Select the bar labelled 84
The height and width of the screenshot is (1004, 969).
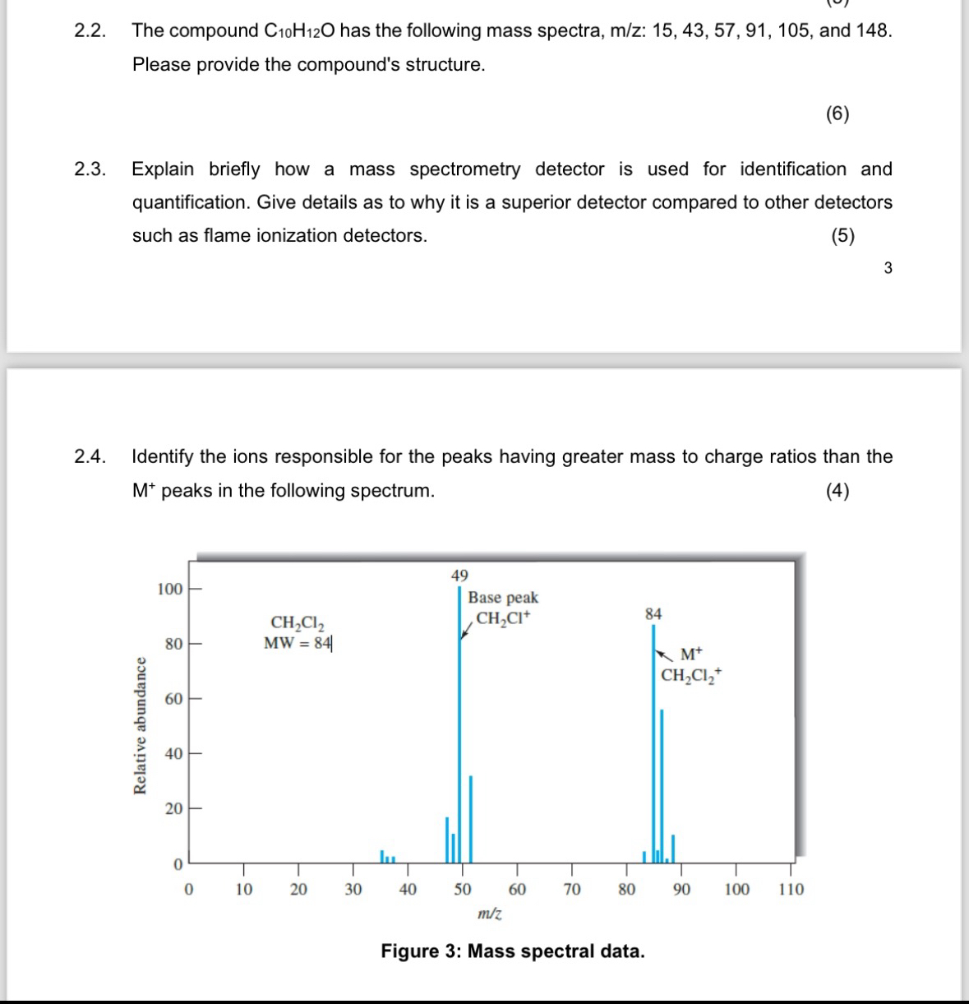tap(654, 740)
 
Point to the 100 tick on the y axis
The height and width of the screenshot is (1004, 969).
tap(170, 590)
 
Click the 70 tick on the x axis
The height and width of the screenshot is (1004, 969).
tap(572, 889)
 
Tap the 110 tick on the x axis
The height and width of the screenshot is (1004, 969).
tap(791, 889)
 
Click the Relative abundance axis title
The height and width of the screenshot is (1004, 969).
tap(141, 725)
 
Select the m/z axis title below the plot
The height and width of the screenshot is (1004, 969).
tap(490, 913)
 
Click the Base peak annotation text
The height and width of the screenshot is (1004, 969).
tap(503, 598)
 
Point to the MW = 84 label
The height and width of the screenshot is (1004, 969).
tap(298, 643)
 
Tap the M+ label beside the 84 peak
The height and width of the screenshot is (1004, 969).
tap(692, 655)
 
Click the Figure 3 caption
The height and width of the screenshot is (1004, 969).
tap(513, 951)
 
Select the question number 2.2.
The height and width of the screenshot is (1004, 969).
tap(90, 31)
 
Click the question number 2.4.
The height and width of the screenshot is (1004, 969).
tap(90, 456)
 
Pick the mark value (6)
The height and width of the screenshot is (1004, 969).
tap(837, 114)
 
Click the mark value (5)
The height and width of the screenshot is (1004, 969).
tap(842, 236)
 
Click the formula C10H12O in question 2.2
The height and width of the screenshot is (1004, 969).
tap(299, 31)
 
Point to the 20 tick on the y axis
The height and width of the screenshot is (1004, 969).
tap(173, 809)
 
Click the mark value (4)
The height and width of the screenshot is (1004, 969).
tap(837, 492)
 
